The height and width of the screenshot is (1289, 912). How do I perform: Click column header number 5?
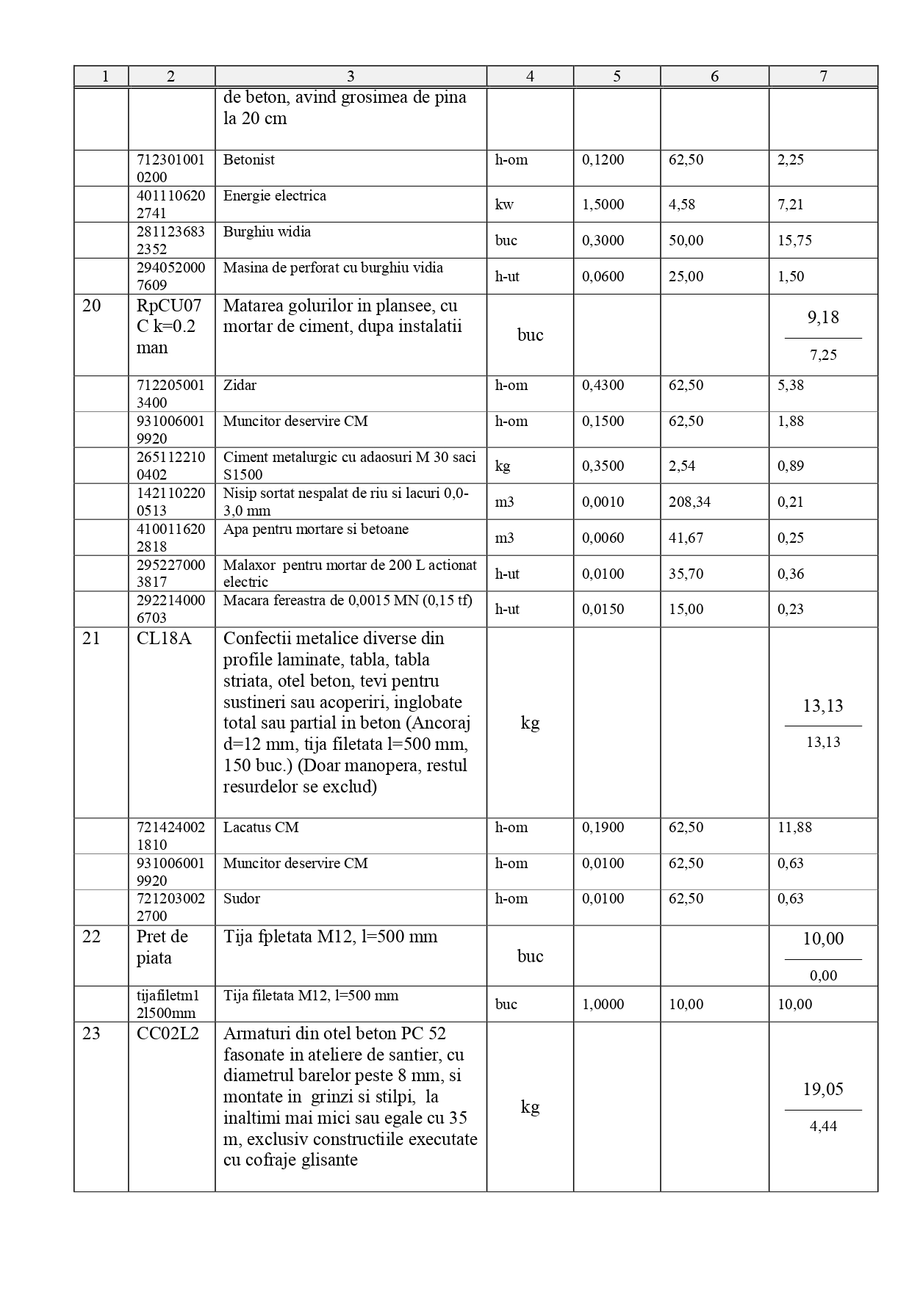[x=617, y=76]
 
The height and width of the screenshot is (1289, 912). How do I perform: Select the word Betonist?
[x=249, y=160]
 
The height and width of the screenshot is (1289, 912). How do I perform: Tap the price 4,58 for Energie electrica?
[x=682, y=204]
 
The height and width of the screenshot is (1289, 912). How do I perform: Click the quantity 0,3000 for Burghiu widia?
[x=603, y=240]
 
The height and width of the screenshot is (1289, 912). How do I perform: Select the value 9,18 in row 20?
[x=823, y=317]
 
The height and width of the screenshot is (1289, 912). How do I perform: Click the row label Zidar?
[x=240, y=386]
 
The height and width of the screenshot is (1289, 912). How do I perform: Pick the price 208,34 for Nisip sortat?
[x=689, y=502]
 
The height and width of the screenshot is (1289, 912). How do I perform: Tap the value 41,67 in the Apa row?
[x=686, y=538]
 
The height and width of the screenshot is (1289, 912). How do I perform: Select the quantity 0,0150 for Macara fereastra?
[x=603, y=609]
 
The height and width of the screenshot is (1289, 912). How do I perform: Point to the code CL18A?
[x=164, y=639]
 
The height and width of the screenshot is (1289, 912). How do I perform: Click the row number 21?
[x=91, y=639]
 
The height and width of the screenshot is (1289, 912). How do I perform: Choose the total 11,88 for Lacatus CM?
[x=794, y=828]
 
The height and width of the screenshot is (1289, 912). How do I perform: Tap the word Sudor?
[x=242, y=899]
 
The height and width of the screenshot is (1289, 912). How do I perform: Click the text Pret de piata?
[x=162, y=947]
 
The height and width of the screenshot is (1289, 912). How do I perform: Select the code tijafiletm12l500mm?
[x=168, y=1004]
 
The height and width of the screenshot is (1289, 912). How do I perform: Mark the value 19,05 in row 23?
[x=823, y=1089]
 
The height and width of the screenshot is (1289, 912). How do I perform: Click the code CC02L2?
[x=168, y=1034]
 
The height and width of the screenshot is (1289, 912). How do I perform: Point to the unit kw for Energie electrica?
[x=504, y=204]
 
